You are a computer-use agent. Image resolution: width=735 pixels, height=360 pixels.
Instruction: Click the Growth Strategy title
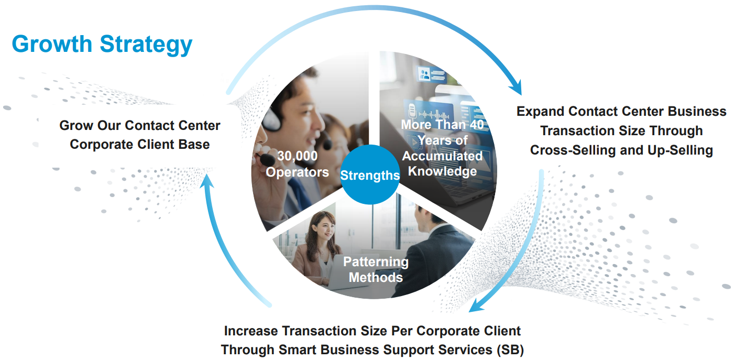click(x=102, y=45)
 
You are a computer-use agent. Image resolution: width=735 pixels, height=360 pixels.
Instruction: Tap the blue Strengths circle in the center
click(x=370, y=174)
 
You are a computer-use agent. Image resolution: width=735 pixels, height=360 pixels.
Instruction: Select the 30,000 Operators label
click(x=297, y=164)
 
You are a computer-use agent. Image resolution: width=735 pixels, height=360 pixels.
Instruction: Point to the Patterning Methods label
click(x=376, y=269)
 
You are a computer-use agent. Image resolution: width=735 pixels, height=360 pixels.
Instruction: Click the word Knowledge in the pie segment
click(x=442, y=171)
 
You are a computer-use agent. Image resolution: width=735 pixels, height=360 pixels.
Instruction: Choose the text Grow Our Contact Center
click(x=140, y=125)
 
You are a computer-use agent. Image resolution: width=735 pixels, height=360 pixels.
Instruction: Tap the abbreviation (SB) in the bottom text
click(x=510, y=350)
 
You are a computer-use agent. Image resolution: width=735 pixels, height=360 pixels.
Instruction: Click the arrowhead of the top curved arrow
click(x=517, y=88)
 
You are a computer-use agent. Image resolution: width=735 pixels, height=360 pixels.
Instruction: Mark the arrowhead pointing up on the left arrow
click(x=206, y=181)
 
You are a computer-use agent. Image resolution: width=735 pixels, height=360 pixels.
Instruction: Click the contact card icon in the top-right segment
click(x=431, y=74)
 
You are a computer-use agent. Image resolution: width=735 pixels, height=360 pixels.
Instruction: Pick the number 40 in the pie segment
click(x=476, y=124)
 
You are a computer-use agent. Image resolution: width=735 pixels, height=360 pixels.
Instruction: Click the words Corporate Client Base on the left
click(x=140, y=145)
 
